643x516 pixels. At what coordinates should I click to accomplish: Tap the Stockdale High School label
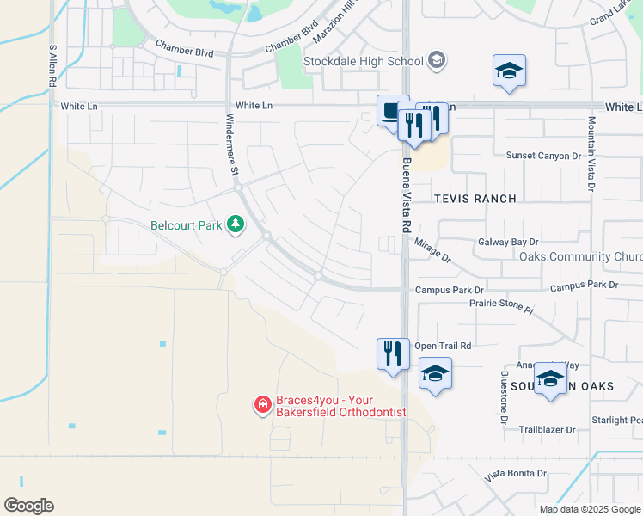pos(363,61)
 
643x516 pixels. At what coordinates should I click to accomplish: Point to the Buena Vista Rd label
pos(405,194)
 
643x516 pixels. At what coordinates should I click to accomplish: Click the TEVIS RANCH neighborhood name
pos(475,199)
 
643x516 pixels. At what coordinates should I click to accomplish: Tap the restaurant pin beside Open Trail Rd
pos(393,353)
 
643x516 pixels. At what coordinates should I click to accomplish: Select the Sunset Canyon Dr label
pos(531,156)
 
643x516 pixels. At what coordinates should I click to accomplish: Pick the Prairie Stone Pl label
pos(501,307)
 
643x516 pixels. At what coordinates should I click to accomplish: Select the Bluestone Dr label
pos(504,397)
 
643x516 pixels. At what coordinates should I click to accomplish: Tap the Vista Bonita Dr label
pos(516,474)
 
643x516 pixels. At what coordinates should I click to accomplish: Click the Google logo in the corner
pos(28,506)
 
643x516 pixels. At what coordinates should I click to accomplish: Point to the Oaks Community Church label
pos(592,257)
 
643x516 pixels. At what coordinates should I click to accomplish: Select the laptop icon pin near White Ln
pos(392,111)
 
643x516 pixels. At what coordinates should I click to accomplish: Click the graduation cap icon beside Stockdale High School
pos(438,59)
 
